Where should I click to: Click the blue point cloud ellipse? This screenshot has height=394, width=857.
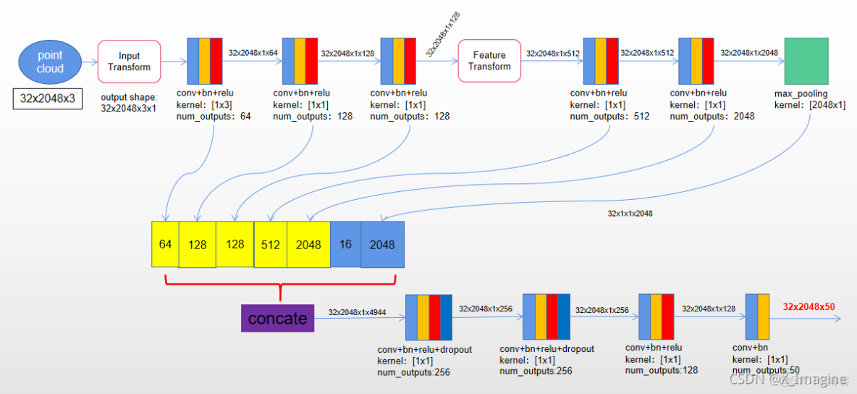point(50,62)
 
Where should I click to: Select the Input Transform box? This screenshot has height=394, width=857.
point(129,62)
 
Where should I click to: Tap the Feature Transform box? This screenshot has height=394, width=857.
point(489,61)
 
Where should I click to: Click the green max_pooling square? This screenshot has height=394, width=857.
point(806,62)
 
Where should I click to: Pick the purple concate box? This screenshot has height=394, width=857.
point(277,318)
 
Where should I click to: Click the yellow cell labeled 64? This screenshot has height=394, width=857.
point(165,244)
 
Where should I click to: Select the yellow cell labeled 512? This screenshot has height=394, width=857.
point(270,244)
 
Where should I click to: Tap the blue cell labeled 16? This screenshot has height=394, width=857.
point(345,244)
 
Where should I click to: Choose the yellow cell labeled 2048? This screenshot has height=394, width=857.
point(308,244)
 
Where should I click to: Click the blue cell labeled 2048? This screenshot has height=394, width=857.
point(382,245)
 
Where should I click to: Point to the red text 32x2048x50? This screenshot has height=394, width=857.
point(809,306)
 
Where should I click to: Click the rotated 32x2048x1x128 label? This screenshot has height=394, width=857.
point(442,34)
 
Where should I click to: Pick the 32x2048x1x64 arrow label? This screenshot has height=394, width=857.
point(253,52)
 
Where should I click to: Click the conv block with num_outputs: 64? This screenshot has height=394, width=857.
point(205,62)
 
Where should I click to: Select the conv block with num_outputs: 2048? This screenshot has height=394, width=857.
point(696,62)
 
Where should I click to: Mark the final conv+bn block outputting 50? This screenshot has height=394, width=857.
point(756,317)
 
